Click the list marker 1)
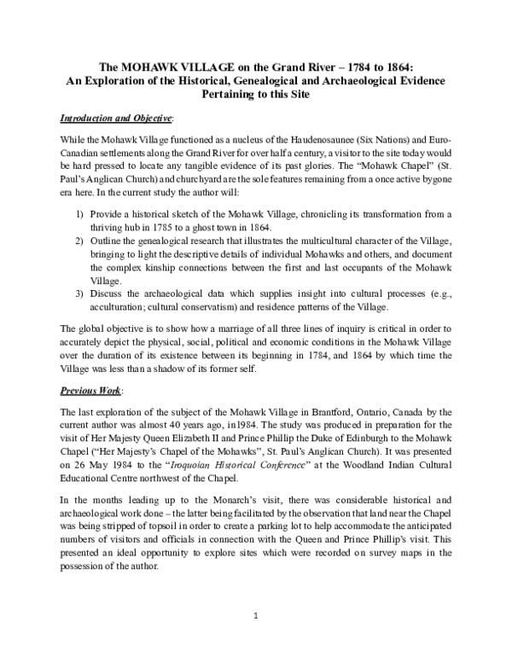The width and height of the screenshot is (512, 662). [80, 200]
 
